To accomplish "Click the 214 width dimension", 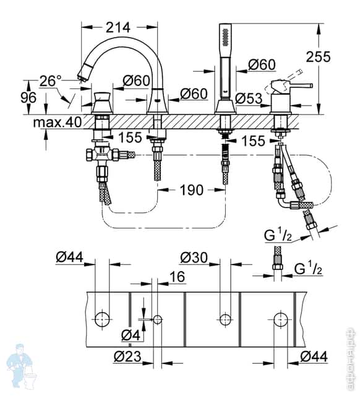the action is coord(118,27).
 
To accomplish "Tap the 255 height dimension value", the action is coord(319,57).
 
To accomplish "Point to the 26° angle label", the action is coord(51,81).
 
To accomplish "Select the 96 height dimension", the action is coord(28,98).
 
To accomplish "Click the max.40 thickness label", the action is coord(58,122).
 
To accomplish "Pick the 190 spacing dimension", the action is coord(191,190).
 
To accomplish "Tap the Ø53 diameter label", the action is coord(249,98).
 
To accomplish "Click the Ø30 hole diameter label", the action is coord(194,258).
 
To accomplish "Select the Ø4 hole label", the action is coord(131,335).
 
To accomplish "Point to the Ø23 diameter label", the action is coord(127,356).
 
